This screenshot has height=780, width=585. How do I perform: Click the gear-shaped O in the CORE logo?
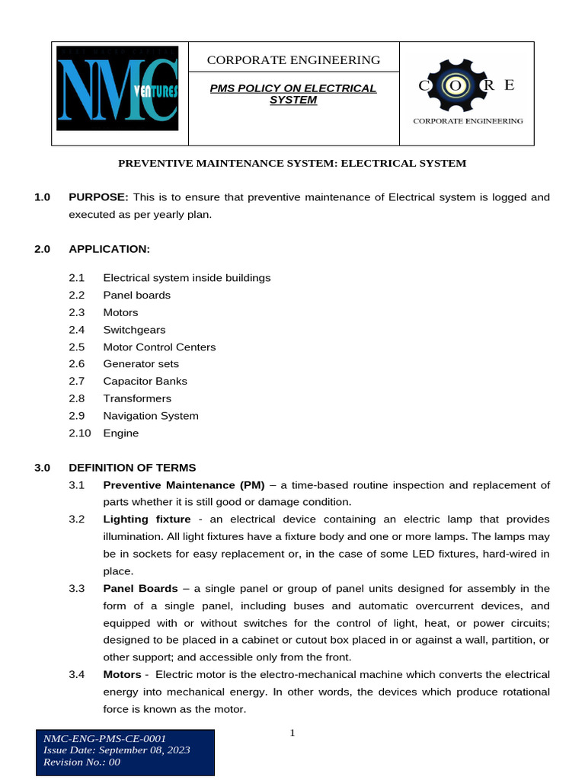[456, 85]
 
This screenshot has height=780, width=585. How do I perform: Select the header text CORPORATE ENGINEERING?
[293, 60]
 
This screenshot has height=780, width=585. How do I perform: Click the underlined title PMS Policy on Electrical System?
[293, 94]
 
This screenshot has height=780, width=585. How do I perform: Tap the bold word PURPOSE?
[98, 197]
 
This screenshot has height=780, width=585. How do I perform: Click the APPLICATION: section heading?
[109, 249]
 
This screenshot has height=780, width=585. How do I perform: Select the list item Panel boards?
[137, 295]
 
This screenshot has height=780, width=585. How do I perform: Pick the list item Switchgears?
[134, 330]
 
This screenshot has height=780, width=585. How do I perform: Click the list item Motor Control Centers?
[159, 347]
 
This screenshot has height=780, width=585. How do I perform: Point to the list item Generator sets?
[141, 364]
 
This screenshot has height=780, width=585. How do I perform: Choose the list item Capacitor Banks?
[145, 381]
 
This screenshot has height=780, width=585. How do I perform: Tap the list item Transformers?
[137, 398]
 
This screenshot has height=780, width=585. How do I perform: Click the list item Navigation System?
[151, 416]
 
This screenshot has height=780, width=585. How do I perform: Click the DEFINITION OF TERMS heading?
[132, 468]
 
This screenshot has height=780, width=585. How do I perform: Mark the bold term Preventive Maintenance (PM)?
[184, 485]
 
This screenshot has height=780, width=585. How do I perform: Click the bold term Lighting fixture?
[147, 519]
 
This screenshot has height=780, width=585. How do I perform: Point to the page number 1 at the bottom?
[292, 734]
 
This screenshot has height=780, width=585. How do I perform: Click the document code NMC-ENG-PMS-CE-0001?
[104, 738]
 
